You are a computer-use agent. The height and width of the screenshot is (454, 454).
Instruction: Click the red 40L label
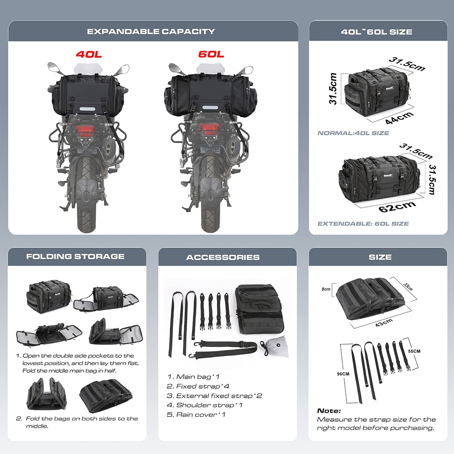tap(89, 54)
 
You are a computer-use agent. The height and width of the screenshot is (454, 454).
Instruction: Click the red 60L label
tap(211, 54)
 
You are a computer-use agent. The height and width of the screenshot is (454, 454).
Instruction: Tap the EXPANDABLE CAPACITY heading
tap(151, 31)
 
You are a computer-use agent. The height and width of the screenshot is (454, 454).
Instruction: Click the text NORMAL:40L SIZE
tap(353, 133)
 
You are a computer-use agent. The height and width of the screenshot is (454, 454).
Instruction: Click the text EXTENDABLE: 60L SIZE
tap(363, 223)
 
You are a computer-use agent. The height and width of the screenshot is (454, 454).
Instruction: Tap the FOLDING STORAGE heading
tap(75, 256)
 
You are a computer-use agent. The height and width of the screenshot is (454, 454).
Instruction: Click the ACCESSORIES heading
tap(223, 257)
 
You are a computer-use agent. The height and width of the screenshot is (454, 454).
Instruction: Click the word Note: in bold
tap(329, 410)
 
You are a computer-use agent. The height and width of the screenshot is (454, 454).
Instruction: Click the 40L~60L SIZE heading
tap(377, 32)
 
